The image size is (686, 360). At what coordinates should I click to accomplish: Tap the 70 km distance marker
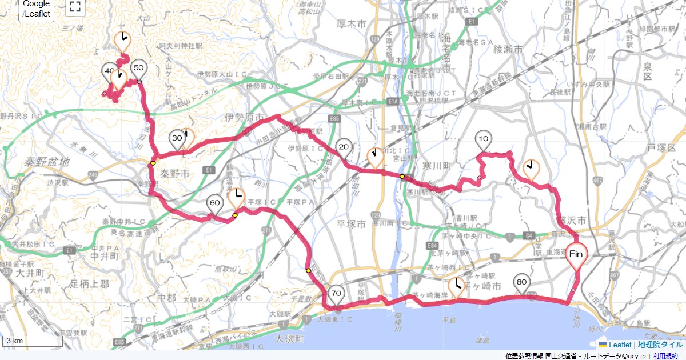336,294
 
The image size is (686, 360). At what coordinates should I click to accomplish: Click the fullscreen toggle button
74,7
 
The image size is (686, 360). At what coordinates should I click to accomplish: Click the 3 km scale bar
32,341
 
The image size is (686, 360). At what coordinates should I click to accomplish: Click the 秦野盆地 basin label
47,162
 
